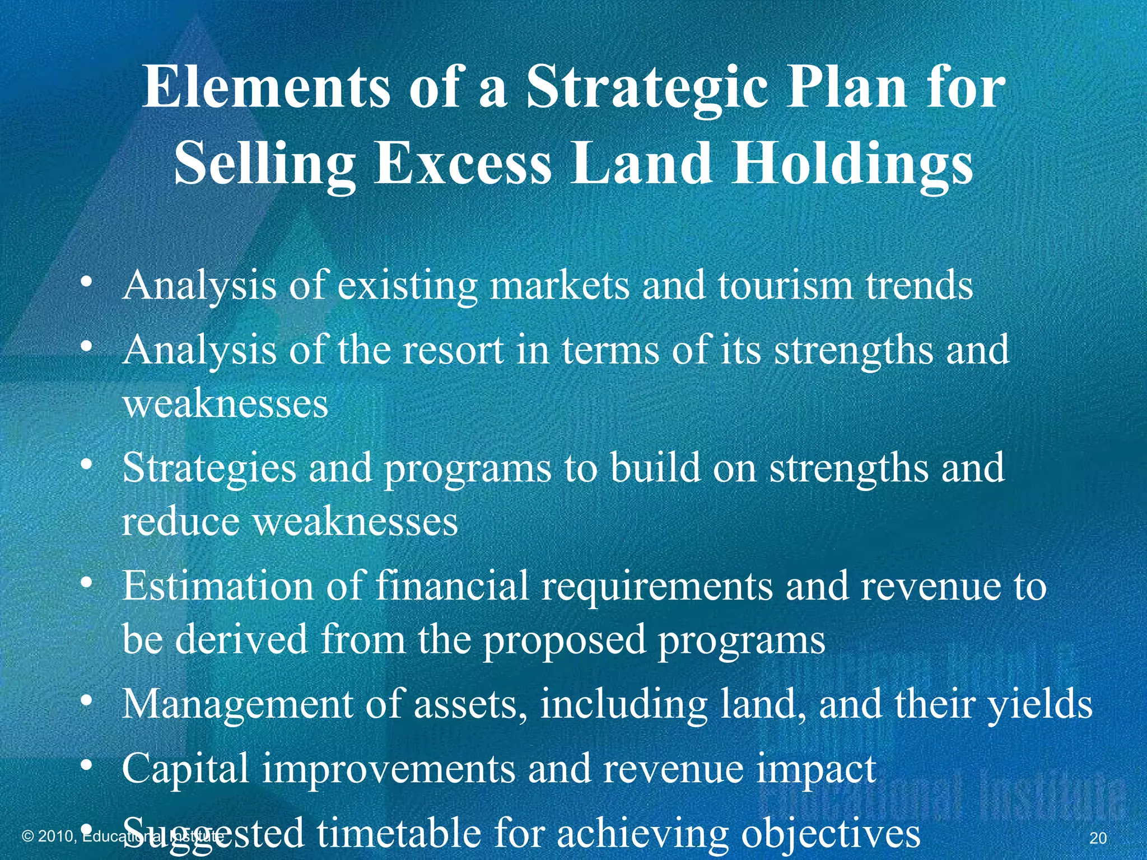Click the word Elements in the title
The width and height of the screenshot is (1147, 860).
click(265, 87)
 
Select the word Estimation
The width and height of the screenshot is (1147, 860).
click(218, 586)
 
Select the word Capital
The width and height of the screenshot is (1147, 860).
click(185, 769)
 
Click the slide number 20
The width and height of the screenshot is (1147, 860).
click(1098, 838)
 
